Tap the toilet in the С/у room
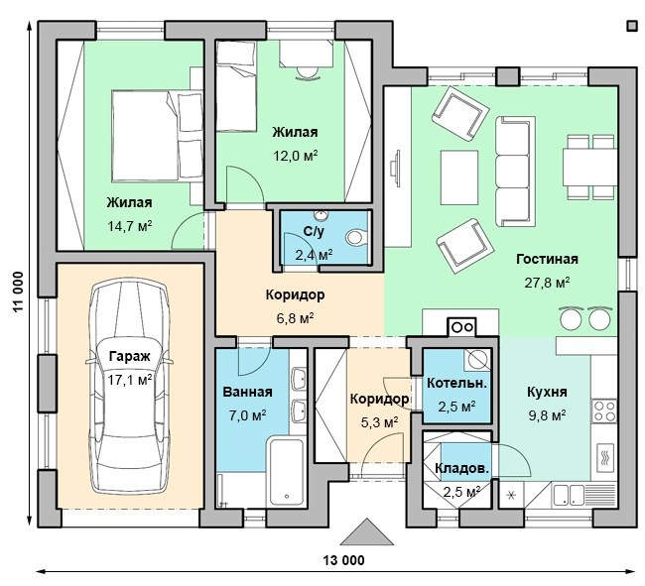point(356,237)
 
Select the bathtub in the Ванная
point(287,472)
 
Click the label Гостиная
point(547,260)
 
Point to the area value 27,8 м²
point(547,283)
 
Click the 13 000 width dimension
point(343,560)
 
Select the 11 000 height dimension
point(17,293)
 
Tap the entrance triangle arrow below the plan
point(367,531)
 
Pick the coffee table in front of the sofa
point(459,177)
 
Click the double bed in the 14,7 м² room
point(158,136)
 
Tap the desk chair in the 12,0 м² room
point(307,73)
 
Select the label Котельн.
point(457,384)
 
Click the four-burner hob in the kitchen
point(604,410)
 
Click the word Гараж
point(130,357)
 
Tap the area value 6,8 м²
point(296,318)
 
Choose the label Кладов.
point(462,468)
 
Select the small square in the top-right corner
point(631,26)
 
